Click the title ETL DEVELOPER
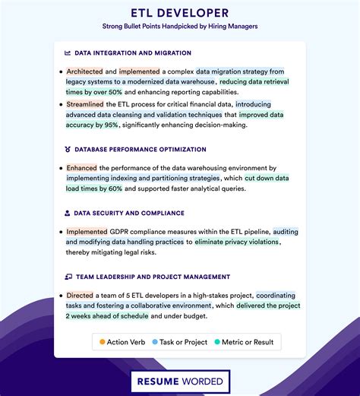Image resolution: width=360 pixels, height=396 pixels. coord(180,12)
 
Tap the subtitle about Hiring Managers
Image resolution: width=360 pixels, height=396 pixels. coord(180,26)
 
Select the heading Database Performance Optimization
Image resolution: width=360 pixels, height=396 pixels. coord(140,150)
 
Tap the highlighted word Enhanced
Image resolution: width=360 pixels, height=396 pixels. coord(81,167)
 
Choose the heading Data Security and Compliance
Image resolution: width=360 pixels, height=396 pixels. coord(129,214)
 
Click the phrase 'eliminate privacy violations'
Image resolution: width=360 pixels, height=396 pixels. coord(237,242)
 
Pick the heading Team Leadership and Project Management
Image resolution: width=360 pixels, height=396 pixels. coord(152,277)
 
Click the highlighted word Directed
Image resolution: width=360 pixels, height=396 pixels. coord(80,295)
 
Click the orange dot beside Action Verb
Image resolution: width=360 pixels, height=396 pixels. coord(103,342)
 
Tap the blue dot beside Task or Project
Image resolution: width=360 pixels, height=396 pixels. coord(155,342)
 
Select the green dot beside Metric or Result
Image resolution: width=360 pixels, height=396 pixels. coord(217,342)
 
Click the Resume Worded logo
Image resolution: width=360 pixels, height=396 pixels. coord(180,382)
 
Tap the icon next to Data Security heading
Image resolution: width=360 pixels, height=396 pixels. coord(68,214)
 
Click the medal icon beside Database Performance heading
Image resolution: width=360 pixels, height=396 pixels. coord(68,150)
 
